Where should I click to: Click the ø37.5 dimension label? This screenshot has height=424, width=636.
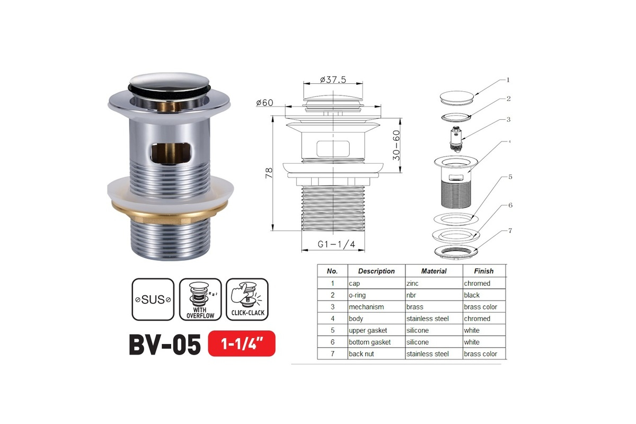(x=333, y=80)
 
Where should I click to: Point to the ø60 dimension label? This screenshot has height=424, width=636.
(x=264, y=102)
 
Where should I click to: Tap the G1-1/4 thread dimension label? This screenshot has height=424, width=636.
(x=336, y=244)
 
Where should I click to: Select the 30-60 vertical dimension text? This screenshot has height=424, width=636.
(x=396, y=145)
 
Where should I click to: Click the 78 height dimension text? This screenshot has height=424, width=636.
(x=269, y=173)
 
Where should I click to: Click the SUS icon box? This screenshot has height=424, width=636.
(x=153, y=299)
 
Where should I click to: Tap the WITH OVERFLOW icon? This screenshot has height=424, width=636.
(x=200, y=299)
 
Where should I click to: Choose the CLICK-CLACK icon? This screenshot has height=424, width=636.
(x=248, y=299)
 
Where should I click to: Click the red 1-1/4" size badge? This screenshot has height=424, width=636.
(x=242, y=343)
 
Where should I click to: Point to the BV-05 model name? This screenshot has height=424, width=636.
(x=165, y=344)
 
